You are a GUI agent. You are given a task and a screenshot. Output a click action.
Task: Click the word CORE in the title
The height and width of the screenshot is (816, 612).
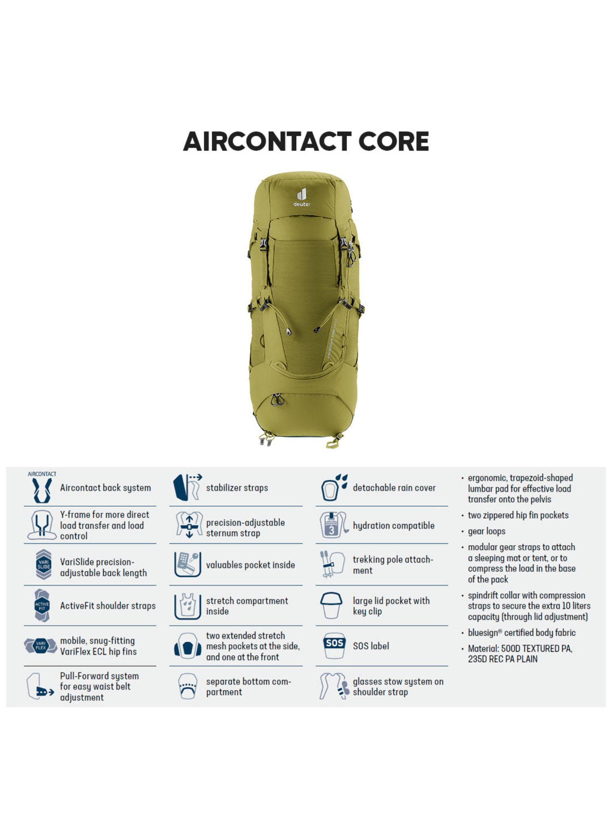click(x=394, y=142)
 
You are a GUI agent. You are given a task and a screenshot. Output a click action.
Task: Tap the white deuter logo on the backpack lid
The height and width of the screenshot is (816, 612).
click(x=302, y=197)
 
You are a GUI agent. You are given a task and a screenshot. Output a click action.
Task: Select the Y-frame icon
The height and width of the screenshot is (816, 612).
click(x=42, y=526)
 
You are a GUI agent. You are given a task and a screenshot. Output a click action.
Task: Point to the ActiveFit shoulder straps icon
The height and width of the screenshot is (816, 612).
click(x=42, y=605)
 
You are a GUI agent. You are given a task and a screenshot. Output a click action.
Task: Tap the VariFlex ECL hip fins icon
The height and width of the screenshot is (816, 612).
click(x=41, y=646)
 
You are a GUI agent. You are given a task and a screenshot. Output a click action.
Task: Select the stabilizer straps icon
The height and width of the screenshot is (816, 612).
click(x=187, y=487)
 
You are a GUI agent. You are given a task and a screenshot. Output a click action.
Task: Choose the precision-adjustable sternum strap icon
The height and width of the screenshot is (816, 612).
click(x=189, y=526)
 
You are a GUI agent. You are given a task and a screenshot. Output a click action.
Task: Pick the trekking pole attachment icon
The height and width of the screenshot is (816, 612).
click(x=333, y=565)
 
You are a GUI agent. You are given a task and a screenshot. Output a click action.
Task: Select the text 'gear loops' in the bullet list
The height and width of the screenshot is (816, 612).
click(x=486, y=531)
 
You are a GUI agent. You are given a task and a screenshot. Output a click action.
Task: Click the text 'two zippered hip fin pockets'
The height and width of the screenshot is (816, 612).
click(x=518, y=515)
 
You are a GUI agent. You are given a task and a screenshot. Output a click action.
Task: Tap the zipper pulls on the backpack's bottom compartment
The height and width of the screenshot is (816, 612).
click(x=277, y=399)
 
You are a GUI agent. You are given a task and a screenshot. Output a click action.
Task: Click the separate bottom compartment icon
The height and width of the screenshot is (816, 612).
click(x=188, y=687)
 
